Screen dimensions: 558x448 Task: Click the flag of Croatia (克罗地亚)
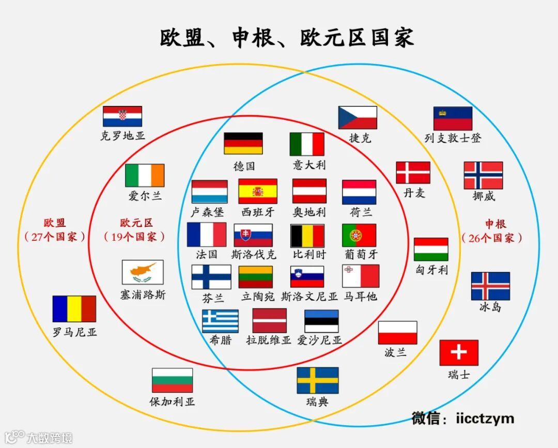[122, 116]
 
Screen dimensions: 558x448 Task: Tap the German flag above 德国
[243, 143]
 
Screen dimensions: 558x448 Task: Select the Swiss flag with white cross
[459, 352]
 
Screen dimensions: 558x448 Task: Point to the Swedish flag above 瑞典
[317, 380]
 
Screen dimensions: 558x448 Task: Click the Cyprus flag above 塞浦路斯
[143, 272]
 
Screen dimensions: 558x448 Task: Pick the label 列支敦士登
[453, 138]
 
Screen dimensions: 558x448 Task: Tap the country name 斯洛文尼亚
[309, 297]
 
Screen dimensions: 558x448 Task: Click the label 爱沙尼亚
[319, 340]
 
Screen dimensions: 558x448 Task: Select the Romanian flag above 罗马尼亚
[74, 308]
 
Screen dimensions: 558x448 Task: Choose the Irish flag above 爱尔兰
[145, 175]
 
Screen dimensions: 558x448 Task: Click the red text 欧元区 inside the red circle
[136, 223]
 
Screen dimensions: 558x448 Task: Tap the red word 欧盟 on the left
[55, 223]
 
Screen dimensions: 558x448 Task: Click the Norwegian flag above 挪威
[483, 175]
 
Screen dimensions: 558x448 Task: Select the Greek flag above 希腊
[220, 321]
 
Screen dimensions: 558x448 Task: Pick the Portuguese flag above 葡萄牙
[359, 235]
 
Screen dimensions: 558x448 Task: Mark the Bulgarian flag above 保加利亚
[172, 380]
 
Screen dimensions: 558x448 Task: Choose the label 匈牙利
[431, 270]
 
